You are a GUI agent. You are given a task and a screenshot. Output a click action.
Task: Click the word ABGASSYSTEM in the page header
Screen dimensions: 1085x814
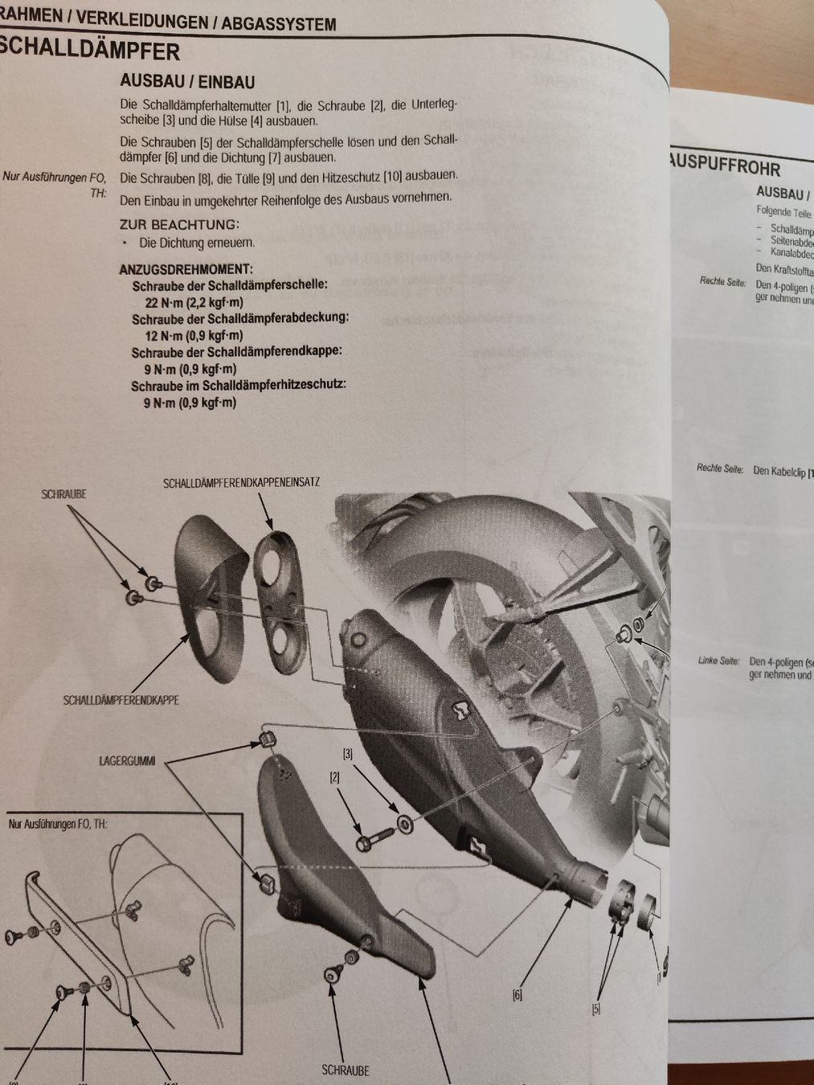click(279, 23)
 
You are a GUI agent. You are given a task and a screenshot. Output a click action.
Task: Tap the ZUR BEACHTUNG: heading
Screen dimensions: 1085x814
click(179, 225)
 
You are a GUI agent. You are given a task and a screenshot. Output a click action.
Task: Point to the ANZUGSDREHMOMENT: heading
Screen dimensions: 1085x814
click(186, 269)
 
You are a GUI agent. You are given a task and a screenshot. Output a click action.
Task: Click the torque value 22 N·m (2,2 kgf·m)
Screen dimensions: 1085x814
click(194, 302)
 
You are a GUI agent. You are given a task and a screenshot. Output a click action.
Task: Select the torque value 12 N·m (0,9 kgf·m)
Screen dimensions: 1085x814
click(194, 335)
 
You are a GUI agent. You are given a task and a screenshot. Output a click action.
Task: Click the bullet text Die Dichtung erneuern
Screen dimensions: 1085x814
click(197, 243)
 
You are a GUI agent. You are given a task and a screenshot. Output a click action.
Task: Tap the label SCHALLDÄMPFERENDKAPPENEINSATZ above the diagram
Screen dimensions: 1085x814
click(241, 483)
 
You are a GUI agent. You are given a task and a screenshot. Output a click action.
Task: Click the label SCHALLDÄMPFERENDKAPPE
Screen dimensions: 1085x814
click(121, 701)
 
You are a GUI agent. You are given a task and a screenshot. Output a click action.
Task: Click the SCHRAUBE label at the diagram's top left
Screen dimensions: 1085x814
click(63, 494)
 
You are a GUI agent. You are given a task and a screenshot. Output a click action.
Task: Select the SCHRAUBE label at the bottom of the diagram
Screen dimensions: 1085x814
click(346, 1071)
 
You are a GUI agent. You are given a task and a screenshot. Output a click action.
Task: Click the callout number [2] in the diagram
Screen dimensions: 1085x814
click(335, 778)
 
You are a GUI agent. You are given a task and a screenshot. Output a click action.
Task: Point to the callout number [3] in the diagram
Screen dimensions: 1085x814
click(348, 754)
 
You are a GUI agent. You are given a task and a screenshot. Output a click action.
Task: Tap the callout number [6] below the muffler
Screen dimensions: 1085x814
click(518, 995)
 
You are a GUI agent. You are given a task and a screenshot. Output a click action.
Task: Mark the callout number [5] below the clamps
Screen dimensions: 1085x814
click(595, 1009)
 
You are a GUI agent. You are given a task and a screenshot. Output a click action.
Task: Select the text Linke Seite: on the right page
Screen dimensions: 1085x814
click(718, 661)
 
